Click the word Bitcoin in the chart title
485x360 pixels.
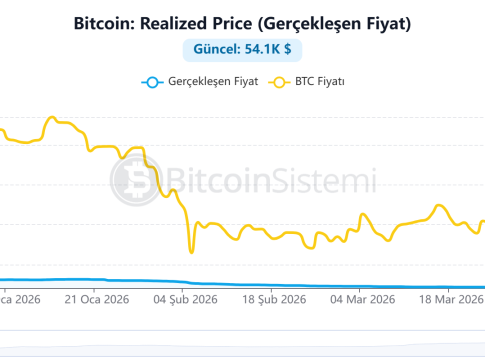[x=104, y=24]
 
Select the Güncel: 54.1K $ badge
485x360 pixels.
[x=242, y=50]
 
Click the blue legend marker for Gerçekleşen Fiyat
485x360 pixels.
[x=152, y=82]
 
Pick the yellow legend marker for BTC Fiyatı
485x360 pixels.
[x=279, y=82]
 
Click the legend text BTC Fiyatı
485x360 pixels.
[x=320, y=81]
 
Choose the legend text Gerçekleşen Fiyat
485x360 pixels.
[x=213, y=82]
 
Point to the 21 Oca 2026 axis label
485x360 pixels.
[x=97, y=299]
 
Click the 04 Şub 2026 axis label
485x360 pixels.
[x=185, y=299]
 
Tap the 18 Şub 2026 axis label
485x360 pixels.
[x=274, y=299]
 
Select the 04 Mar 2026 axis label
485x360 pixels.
[x=363, y=299]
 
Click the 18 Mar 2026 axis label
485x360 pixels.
[x=451, y=299]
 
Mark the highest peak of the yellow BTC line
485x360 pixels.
[x=52, y=117]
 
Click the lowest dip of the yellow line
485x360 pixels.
[x=191, y=252]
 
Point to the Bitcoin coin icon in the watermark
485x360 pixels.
[x=136, y=180]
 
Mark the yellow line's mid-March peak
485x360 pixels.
[x=439, y=206]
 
